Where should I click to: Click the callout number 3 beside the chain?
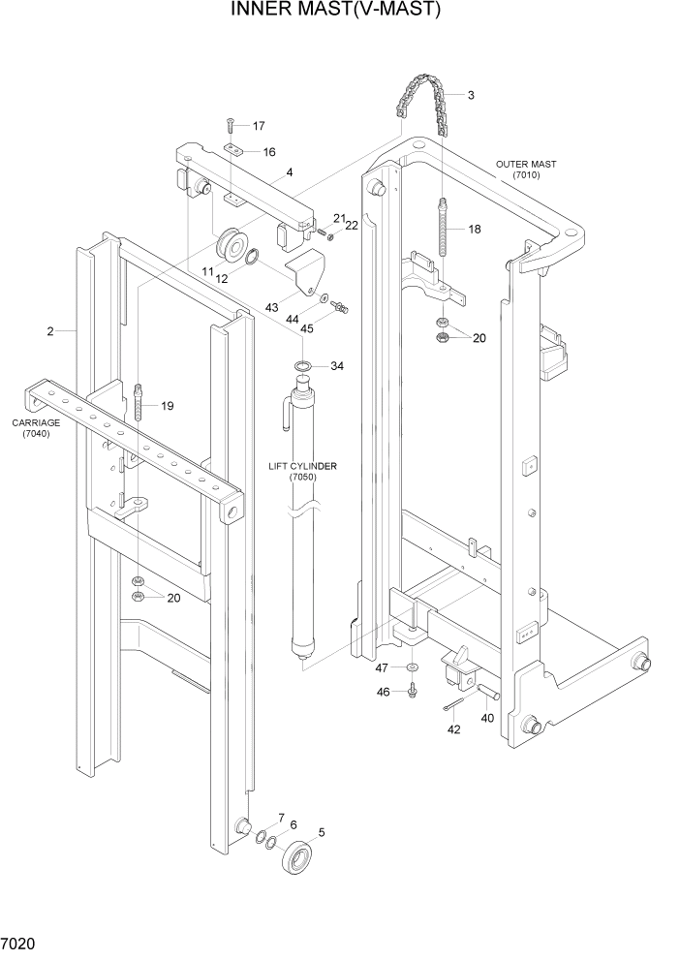[470, 95]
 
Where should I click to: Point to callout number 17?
[259, 126]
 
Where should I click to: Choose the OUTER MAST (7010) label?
[531, 170]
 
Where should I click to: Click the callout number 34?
[337, 366]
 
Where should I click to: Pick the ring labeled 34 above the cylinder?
[303, 366]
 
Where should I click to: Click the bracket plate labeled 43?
[305, 269]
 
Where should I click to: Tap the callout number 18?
[475, 230]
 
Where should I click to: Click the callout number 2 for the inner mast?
[49, 332]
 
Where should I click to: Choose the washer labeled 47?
[413, 668]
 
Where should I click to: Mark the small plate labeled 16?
[235, 149]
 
